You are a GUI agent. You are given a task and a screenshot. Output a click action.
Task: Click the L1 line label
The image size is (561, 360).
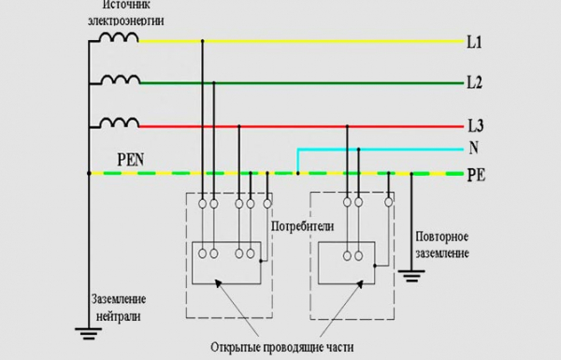[474, 43]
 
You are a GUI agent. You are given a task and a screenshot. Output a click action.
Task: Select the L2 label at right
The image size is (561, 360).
[474, 83]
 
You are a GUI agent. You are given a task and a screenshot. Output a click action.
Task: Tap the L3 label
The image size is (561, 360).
[474, 124]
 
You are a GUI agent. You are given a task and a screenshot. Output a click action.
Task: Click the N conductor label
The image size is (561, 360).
[472, 149]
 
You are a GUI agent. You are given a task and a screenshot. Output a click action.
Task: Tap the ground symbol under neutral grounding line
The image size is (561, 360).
[88, 329]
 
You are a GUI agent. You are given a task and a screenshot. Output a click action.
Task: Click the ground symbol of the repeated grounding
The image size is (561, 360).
[409, 275]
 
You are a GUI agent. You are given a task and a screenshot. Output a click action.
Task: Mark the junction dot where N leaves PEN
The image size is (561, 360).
[297, 173]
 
